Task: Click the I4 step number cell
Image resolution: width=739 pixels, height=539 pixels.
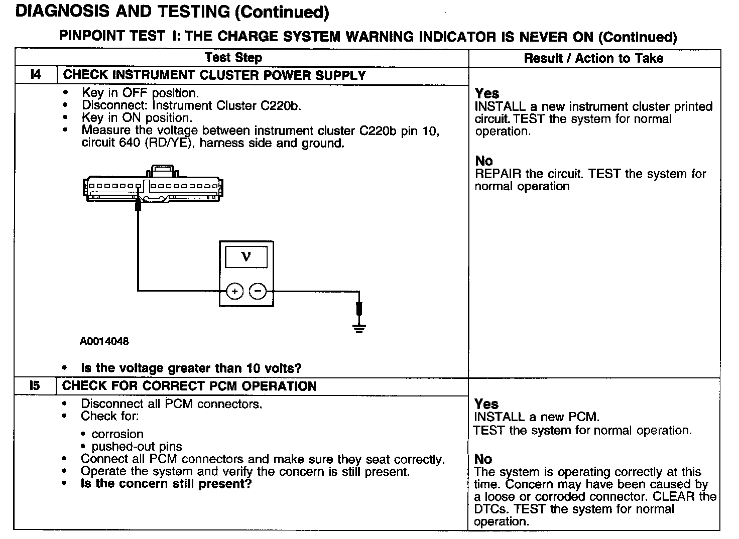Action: coord(36,75)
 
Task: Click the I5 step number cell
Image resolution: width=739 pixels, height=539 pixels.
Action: coord(35,386)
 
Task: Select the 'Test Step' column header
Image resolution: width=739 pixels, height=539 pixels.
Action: coord(233,58)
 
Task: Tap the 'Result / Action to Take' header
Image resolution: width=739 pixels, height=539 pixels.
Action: coord(593,58)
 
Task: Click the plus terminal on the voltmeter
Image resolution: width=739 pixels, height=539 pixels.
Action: coord(234,291)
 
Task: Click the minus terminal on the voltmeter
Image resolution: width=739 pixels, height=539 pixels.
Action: coord(258,291)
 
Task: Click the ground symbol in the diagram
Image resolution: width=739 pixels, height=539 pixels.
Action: coord(359,329)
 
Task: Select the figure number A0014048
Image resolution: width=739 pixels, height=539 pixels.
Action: coord(104,342)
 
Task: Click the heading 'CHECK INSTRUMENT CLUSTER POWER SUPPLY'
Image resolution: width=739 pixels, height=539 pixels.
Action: coord(214,75)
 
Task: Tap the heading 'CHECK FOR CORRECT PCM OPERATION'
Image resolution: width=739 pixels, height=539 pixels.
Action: coord(189,386)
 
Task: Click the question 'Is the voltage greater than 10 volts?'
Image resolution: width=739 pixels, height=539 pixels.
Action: coord(191,368)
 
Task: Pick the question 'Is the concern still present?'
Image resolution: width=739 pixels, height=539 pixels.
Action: coord(166,484)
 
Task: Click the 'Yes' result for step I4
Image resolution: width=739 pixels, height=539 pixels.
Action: coord(487,93)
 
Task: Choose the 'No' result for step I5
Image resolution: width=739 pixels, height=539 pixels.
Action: coord(483,459)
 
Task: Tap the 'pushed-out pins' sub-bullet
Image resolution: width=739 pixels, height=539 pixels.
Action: coord(137,447)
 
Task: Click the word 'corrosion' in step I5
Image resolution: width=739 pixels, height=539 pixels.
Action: coord(117,434)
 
